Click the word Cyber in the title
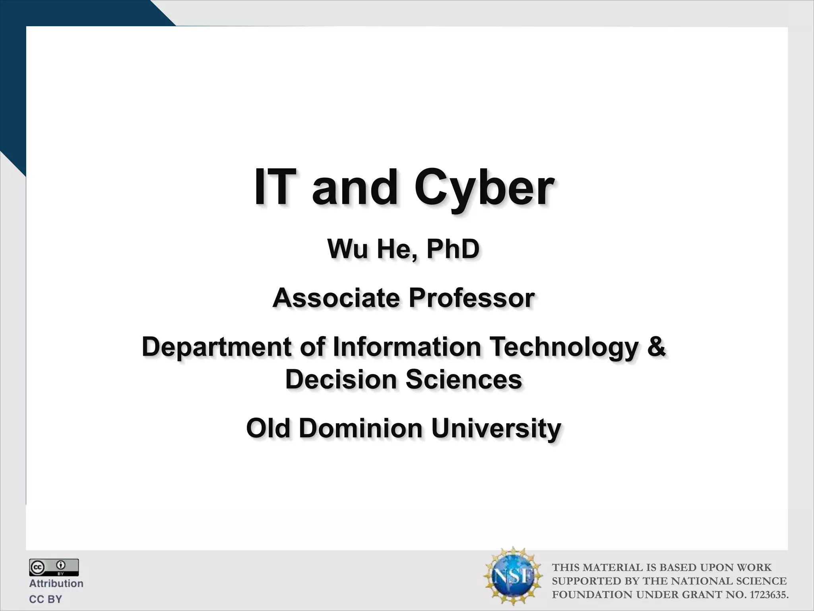coord(484,187)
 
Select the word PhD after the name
coord(453,249)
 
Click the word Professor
coord(471,298)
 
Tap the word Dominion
coord(360,428)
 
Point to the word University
coord(496,429)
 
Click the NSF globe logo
coord(512,576)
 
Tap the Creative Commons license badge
coord(54,567)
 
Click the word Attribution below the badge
coord(56,584)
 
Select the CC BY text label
coord(46,599)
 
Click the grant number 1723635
coord(768,595)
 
